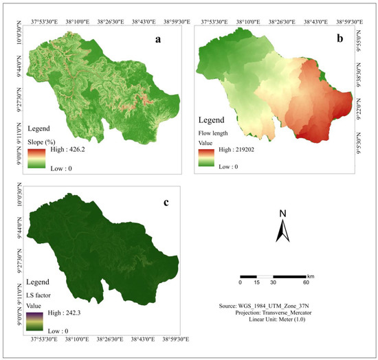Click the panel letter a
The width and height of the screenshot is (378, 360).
click(x=158, y=40)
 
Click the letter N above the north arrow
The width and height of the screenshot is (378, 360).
click(x=282, y=214)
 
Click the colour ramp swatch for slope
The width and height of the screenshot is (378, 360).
click(x=36, y=155)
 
